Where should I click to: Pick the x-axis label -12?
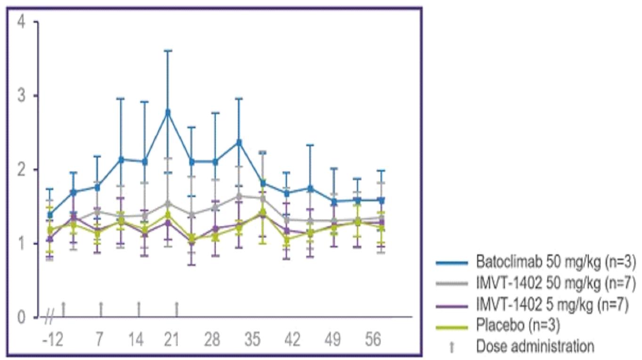point(53,340)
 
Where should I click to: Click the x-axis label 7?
point(99,340)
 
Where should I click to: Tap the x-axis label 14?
point(137,340)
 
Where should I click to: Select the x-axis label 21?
point(171,340)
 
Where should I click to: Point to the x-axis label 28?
point(212,340)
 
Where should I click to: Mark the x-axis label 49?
point(333,340)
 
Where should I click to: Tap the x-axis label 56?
point(373,340)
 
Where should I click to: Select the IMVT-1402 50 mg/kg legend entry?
point(556,284)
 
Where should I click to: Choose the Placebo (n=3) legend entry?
point(518,326)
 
